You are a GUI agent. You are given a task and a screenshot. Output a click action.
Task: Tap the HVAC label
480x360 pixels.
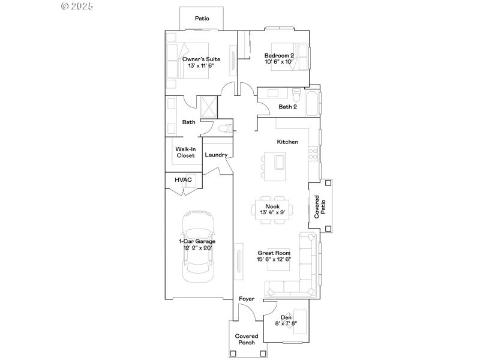click(182, 179)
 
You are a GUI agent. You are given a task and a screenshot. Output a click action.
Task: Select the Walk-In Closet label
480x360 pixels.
click(185, 152)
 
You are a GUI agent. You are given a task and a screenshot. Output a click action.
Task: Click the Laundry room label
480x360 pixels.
click(216, 155)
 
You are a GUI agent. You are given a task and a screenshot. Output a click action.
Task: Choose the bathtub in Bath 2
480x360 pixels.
click(313, 102)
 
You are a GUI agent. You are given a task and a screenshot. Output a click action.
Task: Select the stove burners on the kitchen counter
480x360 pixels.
click(312, 154)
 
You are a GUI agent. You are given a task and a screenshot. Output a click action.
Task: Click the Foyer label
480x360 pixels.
click(246, 298)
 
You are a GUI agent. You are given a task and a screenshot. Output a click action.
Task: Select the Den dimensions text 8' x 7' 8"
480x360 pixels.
click(286, 323)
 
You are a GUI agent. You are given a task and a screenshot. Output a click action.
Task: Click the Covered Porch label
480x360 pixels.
click(246, 339)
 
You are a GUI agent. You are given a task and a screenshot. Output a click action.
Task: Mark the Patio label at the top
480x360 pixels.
click(202, 19)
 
